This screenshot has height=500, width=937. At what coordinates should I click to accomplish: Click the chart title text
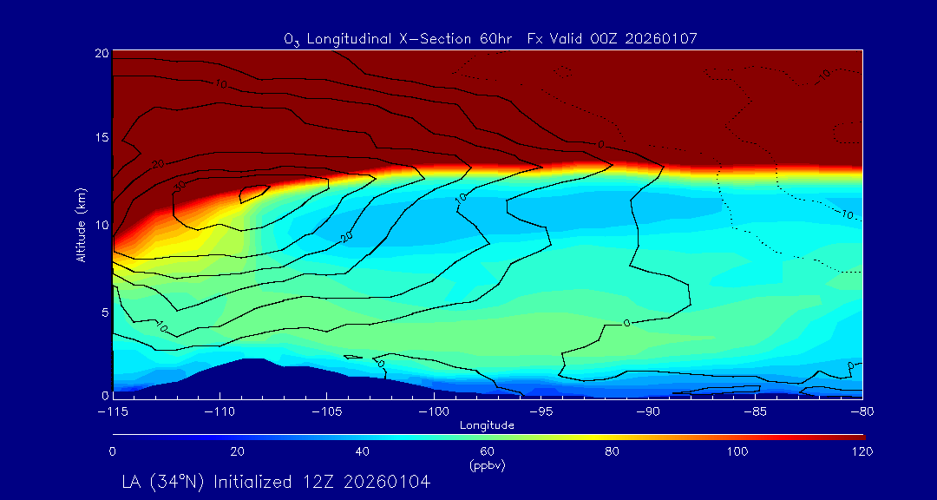[491, 38]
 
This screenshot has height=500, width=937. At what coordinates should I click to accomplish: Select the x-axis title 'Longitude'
[488, 425]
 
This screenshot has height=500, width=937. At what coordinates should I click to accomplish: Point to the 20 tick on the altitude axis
[101, 53]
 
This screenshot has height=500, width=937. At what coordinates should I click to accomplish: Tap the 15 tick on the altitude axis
[101, 138]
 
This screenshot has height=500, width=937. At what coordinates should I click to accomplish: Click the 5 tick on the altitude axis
[103, 311]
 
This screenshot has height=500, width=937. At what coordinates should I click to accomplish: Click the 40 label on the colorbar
[363, 451]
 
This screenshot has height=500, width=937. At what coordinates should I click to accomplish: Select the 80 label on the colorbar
[613, 451]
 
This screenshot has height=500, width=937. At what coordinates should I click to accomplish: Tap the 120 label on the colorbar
[862, 451]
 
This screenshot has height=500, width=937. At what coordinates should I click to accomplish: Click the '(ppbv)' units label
[488, 464]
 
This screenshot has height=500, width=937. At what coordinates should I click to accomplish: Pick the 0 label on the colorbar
[113, 451]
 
